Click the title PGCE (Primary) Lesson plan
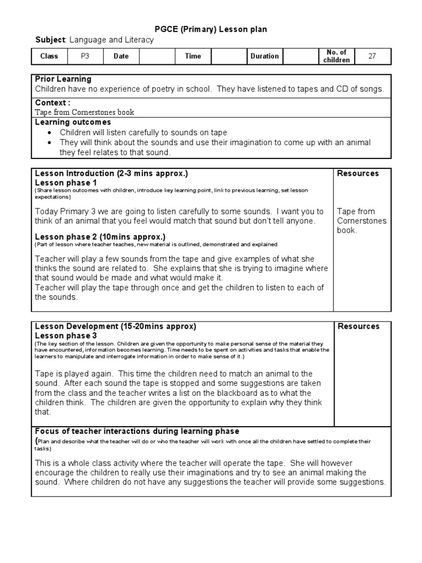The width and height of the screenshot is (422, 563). tap(211, 29)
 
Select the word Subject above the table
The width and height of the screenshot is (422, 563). tap(50, 40)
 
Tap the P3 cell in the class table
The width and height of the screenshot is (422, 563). tap(85, 56)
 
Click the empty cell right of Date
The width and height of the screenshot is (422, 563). tap(157, 56)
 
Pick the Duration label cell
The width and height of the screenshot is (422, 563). tap(264, 56)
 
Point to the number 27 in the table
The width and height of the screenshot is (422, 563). tap(372, 56)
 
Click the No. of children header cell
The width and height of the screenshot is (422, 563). tap(337, 56)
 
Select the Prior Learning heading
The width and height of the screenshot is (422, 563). tap(63, 79)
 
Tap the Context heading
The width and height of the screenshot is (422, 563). tap(52, 103)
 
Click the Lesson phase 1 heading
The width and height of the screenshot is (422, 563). tap(66, 183)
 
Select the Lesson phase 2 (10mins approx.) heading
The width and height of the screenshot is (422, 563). tap(92, 237)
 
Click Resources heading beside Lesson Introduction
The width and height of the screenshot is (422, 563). tap(358, 174)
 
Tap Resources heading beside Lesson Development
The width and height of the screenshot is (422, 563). tap(358, 327)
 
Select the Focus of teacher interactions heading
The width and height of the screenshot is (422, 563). tap(137, 431)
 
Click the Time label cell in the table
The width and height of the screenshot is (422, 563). tap(193, 56)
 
